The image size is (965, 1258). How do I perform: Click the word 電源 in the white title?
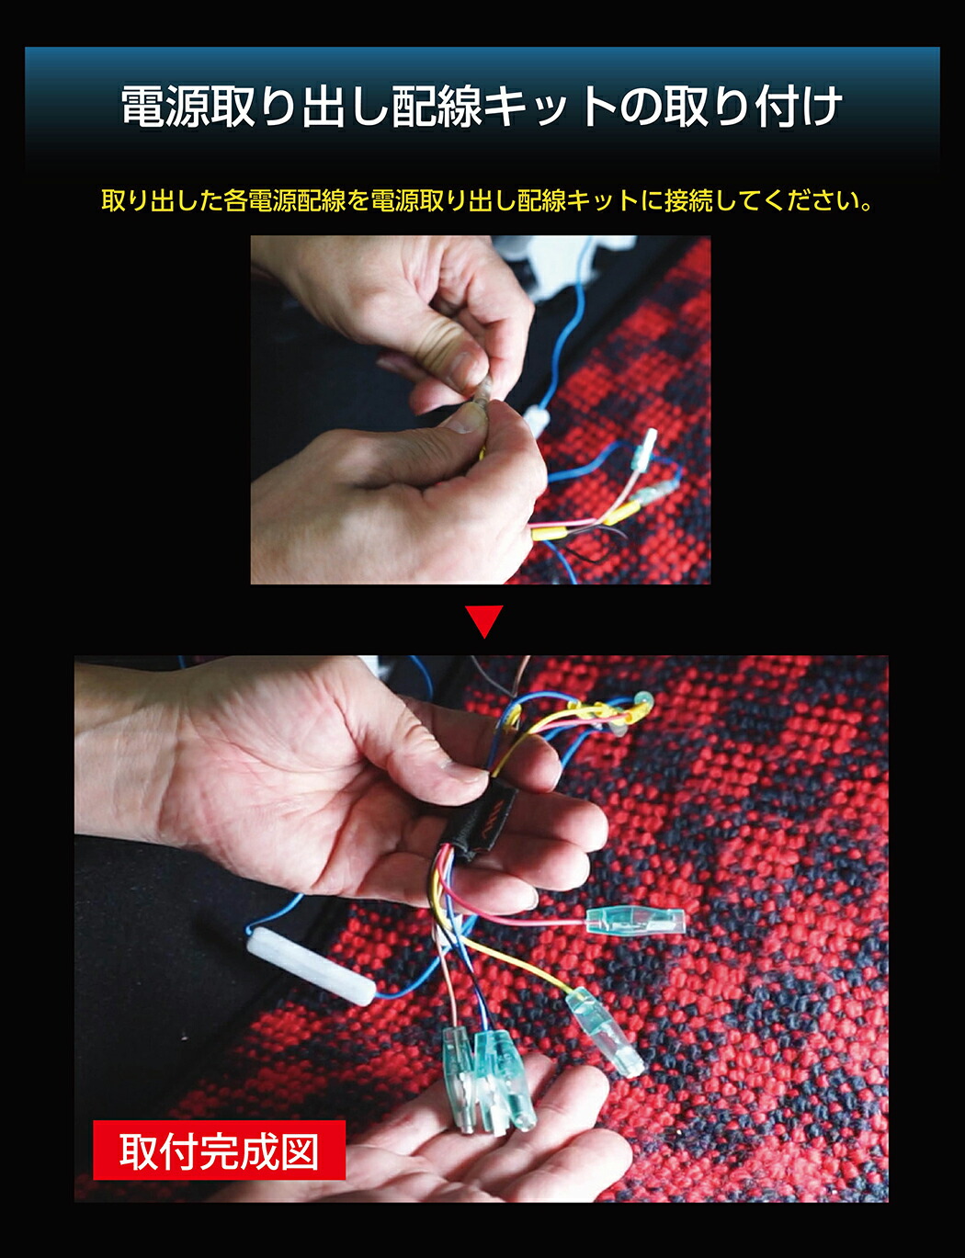pyautogui.click(x=166, y=108)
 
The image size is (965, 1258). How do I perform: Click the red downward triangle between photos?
pyautogui.click(x=484, y=621)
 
